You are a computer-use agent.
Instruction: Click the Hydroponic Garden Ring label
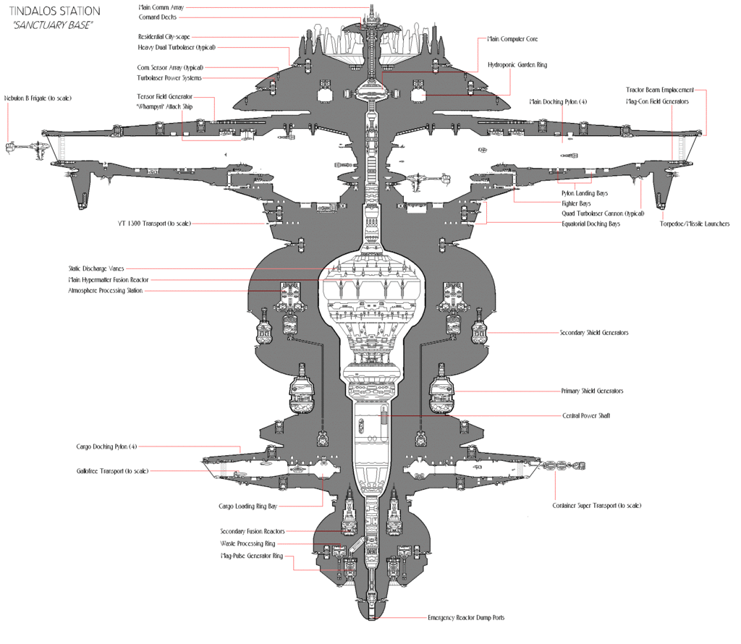pos(517,65)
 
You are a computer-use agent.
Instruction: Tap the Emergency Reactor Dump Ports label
pos(466,618)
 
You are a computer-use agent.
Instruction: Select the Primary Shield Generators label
pos(592,391)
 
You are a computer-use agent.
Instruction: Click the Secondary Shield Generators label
pos(593,333)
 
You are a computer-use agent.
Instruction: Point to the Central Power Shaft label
pos(585,416)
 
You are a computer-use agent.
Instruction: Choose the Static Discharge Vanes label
pos(96,269)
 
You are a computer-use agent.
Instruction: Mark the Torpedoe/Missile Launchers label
pos(694,224)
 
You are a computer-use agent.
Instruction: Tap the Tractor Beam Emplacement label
pos(659,90)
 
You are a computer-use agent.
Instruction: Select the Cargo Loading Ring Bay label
pos(247,507)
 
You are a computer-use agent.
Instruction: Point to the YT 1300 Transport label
pos(154,224)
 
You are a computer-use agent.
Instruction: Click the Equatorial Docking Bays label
pos(590,224)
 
